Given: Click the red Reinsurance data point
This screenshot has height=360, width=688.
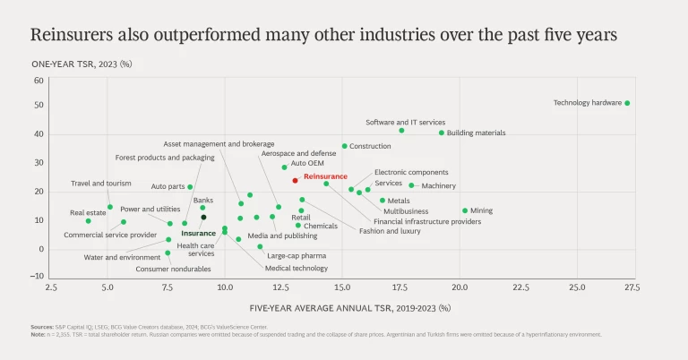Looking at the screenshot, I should click(x=295, y=180).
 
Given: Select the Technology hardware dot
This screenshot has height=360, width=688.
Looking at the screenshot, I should click(x=627, y=103).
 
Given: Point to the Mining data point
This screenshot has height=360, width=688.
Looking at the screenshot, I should click(x=465, y=210).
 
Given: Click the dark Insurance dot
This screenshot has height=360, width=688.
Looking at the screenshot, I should click(x=203, y=217).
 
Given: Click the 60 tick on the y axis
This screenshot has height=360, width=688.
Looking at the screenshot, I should click(x=39, y=81).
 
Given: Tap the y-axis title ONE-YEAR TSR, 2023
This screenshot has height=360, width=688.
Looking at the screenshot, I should click(x=82, y=64).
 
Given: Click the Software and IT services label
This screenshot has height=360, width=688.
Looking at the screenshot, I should click(x=405, y=123).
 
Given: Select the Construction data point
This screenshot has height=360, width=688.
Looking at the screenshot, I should click(x=344, y=146).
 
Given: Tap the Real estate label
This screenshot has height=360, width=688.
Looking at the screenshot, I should click(x=89, y=213).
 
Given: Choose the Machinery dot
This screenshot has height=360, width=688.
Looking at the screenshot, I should click(x=411, y=185).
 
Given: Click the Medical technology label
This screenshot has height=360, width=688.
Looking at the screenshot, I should click(x=297, y=268).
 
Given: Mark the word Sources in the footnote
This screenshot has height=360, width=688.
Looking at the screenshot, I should click(x=41, y=328).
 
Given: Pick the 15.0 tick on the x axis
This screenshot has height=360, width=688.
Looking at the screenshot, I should click(x=342, y=287).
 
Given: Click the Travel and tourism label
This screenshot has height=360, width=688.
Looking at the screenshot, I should click(x=101, y=184).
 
